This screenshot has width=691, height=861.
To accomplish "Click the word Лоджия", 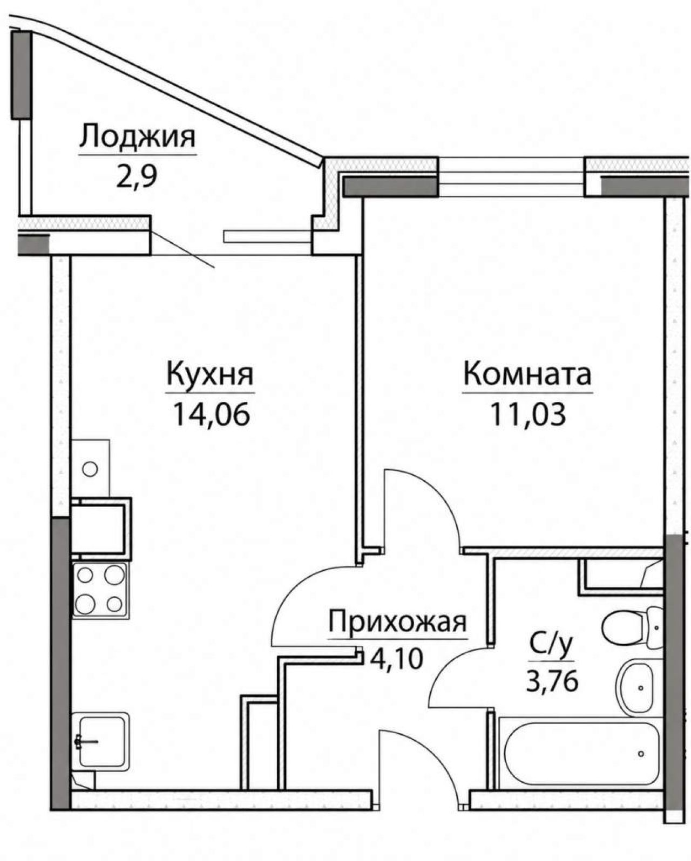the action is pyautogui.click(x=137, y=137).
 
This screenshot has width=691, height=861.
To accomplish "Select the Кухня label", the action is pyautogui.click(x=210, y=374).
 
